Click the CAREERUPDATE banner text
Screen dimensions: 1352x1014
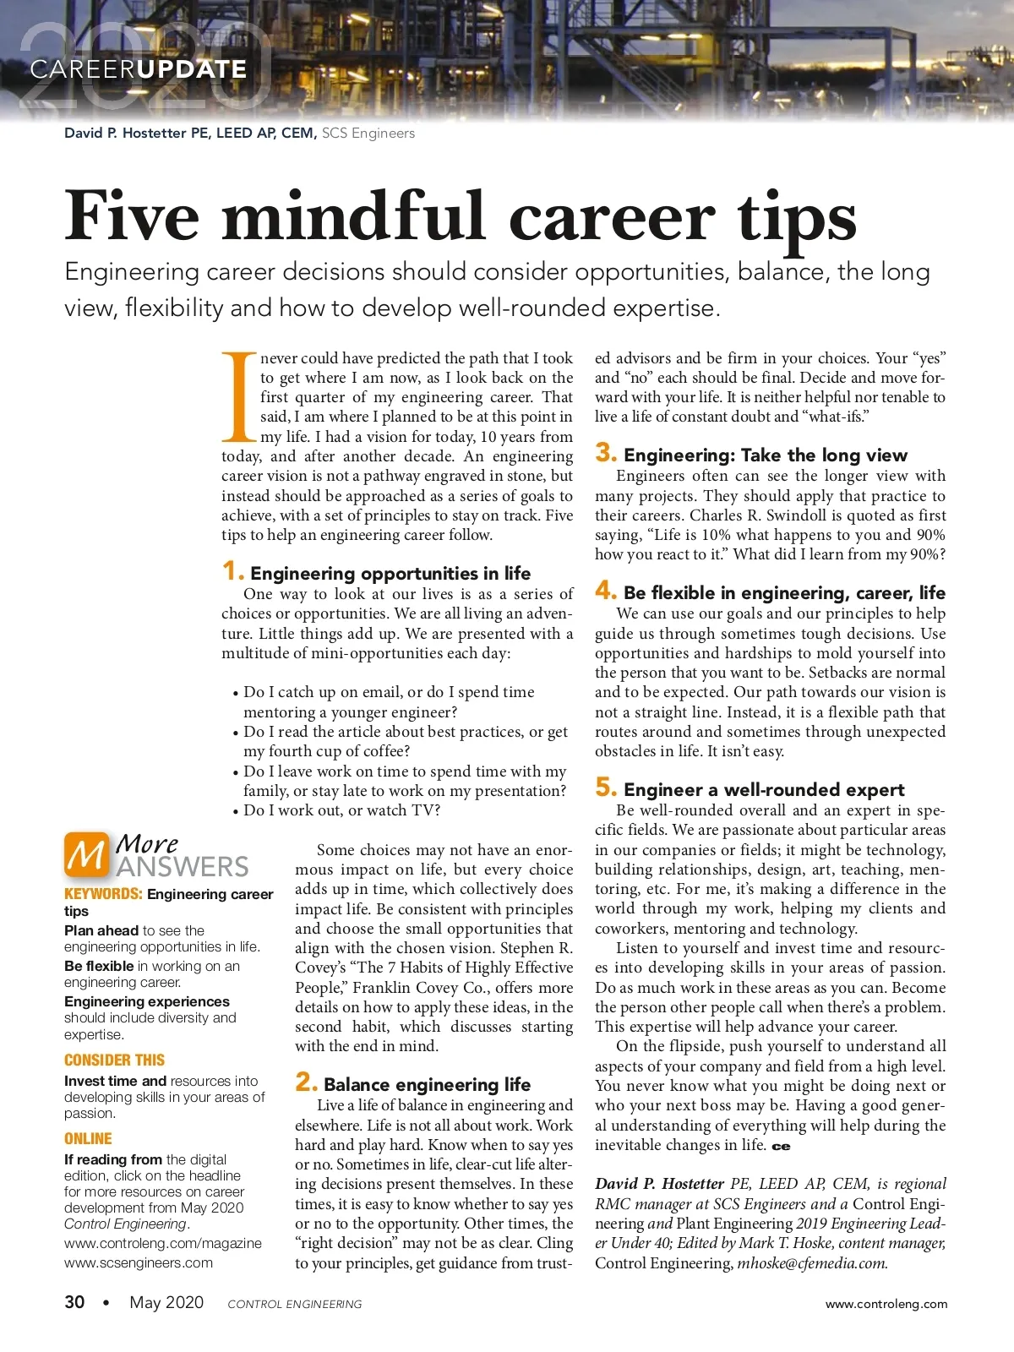(139, 69)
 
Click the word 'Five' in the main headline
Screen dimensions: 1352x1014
(132, 216)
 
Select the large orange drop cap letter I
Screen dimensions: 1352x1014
(238, 397)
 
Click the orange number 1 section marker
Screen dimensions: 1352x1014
(232, 571)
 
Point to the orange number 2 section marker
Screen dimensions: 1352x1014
(306, 1082)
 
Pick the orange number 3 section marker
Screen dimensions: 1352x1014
(606, 453)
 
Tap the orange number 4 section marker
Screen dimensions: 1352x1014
(606, 591)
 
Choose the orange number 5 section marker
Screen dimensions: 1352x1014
(606, 788)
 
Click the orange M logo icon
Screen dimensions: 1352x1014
(86, 854)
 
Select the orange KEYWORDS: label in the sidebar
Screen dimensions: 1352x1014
(103, 894)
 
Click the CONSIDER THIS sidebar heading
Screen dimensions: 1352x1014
(114, 1060)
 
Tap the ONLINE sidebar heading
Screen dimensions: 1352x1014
(88, 1139)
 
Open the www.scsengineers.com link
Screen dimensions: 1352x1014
(139, 1262)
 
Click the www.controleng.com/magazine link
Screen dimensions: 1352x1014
(163, 1243)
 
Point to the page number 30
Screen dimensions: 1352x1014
(74, 1302)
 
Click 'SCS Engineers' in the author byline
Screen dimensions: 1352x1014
(368, 133)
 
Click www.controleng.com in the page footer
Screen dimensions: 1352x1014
(886, 1304)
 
